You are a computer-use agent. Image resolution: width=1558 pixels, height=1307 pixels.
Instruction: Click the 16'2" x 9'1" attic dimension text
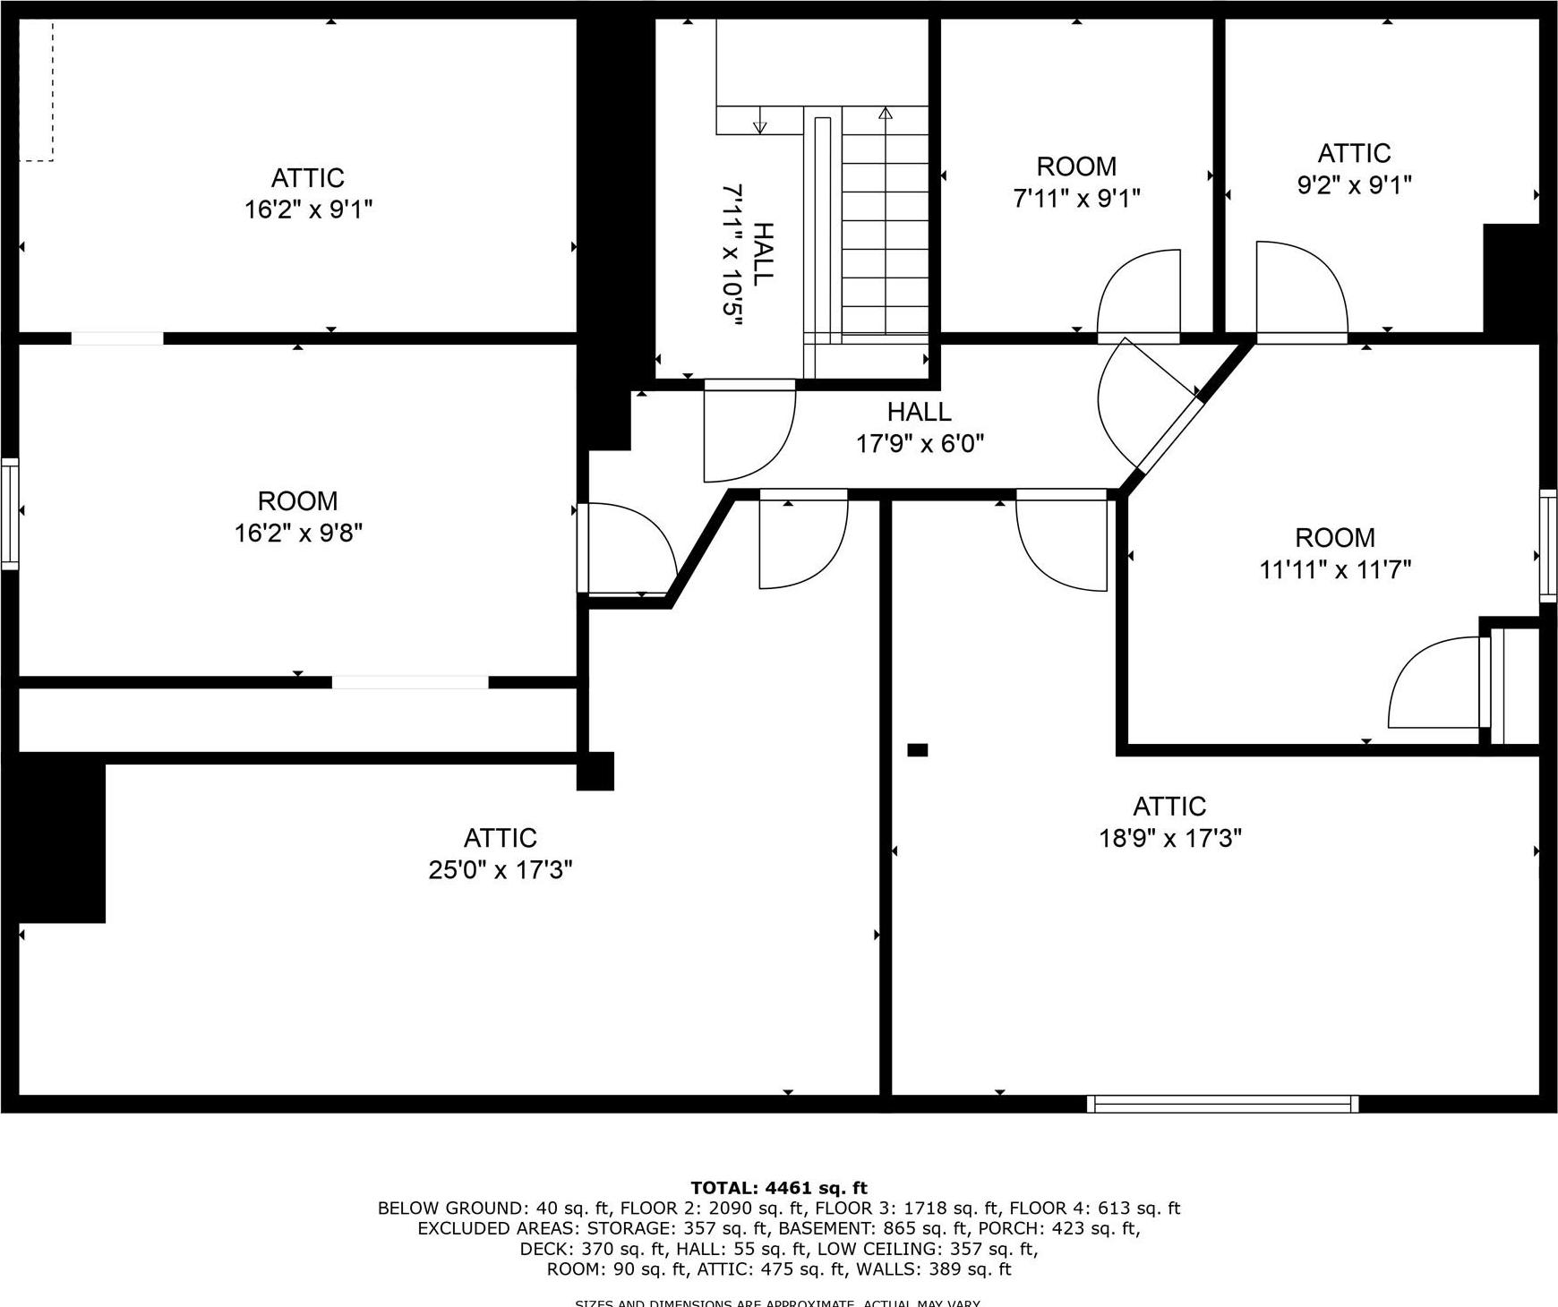pos(308,210)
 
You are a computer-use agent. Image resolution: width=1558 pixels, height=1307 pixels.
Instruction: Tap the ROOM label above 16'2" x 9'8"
pos(297,500)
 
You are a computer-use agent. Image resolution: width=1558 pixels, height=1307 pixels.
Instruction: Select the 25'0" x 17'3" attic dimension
pos(500,869)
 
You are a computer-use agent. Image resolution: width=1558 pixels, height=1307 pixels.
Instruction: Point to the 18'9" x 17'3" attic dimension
pos(1169,839)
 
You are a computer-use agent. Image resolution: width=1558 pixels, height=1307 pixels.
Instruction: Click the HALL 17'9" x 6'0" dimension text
pos(920,443)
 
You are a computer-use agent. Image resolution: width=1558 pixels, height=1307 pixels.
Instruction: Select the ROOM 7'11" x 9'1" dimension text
pos(1076,198)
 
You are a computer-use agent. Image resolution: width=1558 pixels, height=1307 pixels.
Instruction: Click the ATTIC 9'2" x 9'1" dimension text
pos(1354,185)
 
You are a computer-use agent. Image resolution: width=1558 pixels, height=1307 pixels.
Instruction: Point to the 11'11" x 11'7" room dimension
pos(1335,569)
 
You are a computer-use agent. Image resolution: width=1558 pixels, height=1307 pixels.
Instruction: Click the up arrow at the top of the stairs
pos(886,114)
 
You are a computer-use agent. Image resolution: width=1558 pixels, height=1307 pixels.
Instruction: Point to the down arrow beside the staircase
pos(760,125)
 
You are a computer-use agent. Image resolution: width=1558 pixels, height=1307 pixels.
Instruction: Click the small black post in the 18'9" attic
pos(917,750)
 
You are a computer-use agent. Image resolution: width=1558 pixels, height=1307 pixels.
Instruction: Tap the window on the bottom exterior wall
pos(1222,1104)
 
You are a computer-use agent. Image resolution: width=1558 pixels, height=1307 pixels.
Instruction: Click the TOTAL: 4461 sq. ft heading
pos(778,1188)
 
